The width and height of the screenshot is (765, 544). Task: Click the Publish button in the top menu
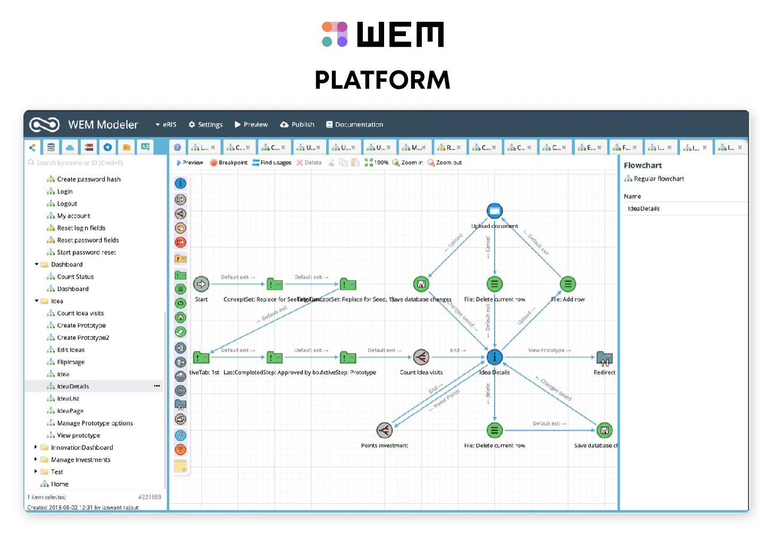[297, 124]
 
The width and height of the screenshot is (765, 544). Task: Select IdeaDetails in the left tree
[73, 386]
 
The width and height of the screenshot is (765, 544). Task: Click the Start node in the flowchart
[201, 284]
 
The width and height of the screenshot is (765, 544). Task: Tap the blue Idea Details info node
[495, 357]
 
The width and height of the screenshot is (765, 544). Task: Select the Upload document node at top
[495, 211]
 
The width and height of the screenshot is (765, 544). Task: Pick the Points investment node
[385, 430]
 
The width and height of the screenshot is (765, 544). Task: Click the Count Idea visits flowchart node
[421, 357]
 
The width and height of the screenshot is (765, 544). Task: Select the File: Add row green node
[568, 284]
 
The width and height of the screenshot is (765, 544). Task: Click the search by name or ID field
[96, 163]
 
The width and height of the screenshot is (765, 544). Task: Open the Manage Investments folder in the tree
[80, 460]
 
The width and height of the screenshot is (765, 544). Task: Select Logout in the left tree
[67, 203]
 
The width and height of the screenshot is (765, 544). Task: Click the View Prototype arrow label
[549, 350]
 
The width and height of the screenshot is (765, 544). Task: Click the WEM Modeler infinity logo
[45, 125]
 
